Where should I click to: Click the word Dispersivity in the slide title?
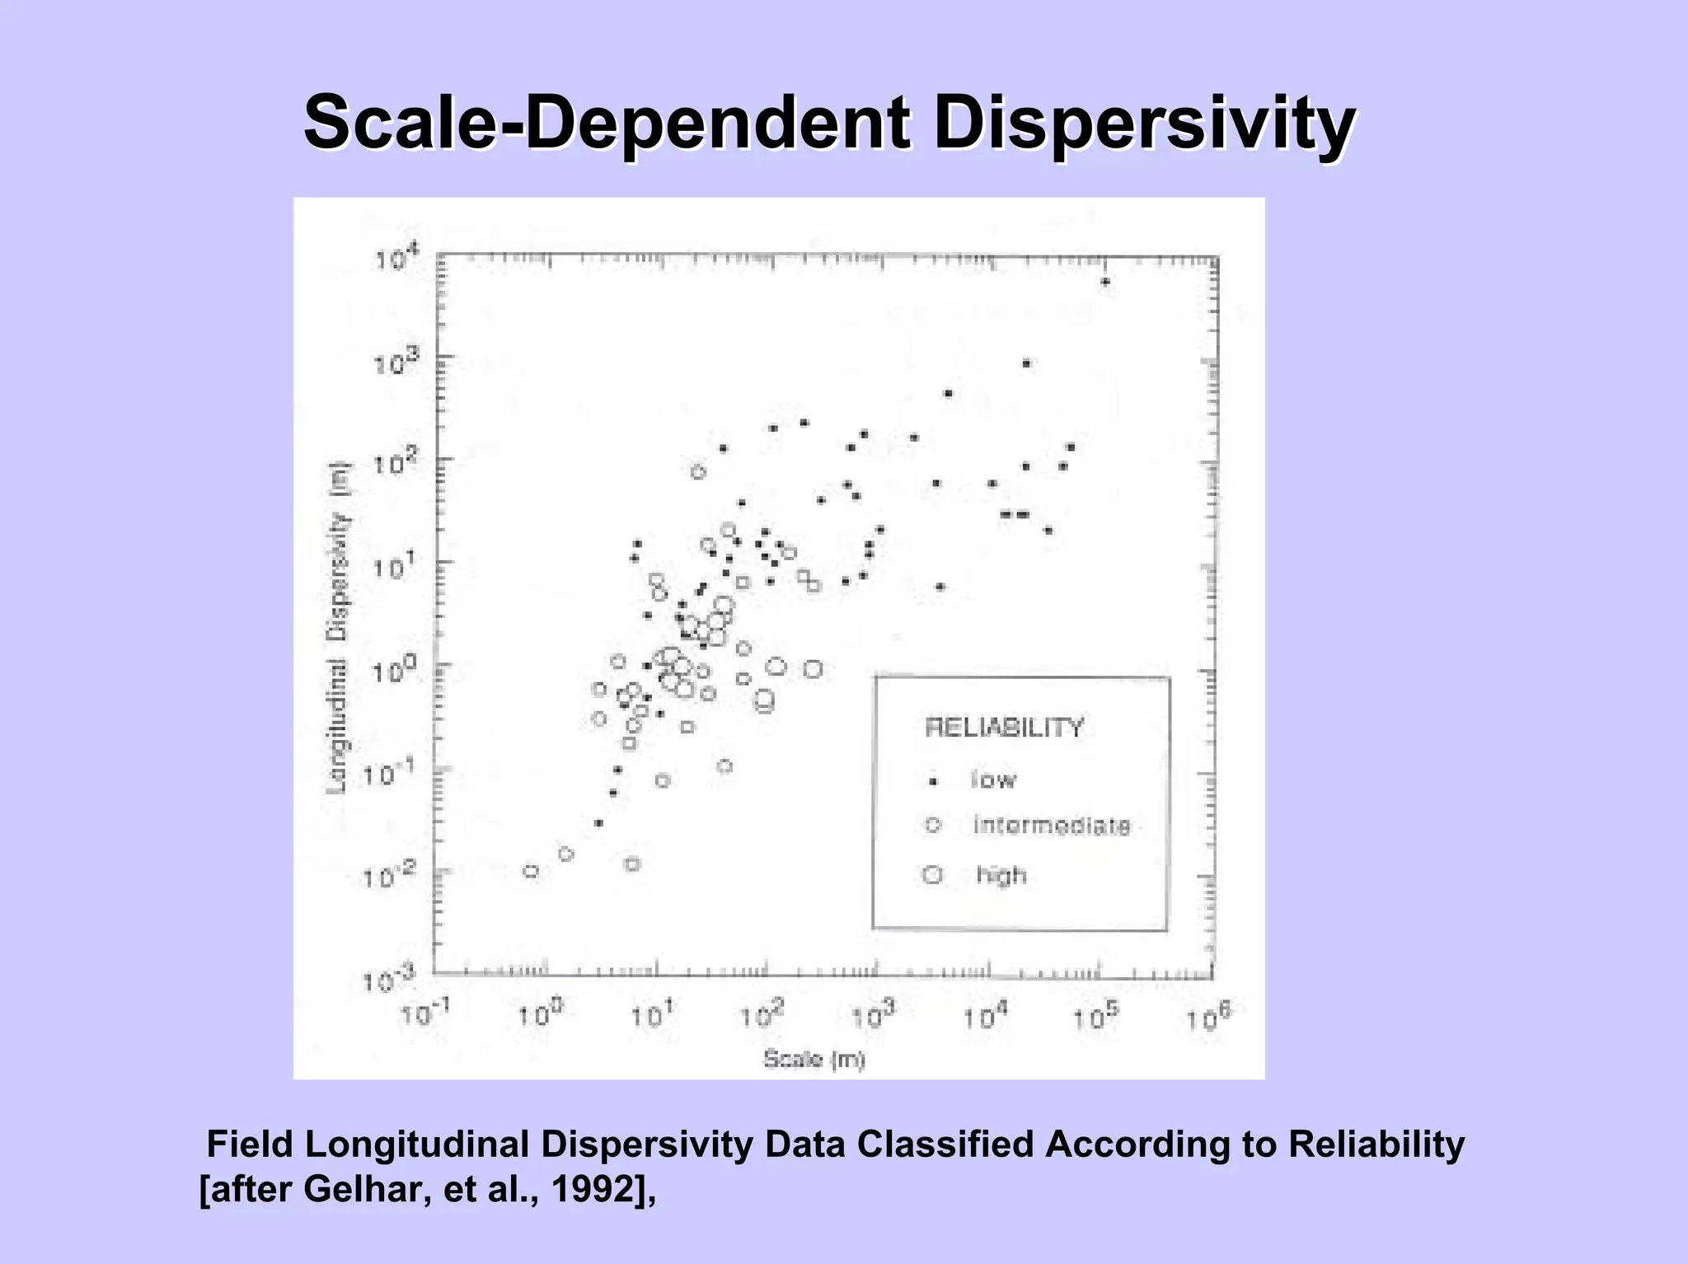pyautogui.click(x=1145, y=124)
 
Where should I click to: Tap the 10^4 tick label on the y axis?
pyautogui.click(x=397, y=260)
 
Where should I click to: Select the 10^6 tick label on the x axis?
pyautogui.click(x=1208, y=1018)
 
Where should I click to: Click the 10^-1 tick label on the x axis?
pyautogui.click(x=425, y=1015)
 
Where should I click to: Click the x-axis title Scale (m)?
pyautogui.click(x=814, y=1059)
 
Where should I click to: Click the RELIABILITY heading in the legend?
pyautogui.click(x=1004, y=728)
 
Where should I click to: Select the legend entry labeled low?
pyautogui.click(x=993, y=779)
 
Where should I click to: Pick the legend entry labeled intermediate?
pyautogui.click(x=1052, y=826)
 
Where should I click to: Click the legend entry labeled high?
pyautogui.click(x=1001, y=874)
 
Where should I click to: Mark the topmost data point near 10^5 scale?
pyautogui.click(x=1105, y=282)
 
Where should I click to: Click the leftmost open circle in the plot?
pyautogui.click(x=531, y=871)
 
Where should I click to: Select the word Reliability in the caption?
pyautogui.click(x=1376, y=1144)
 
